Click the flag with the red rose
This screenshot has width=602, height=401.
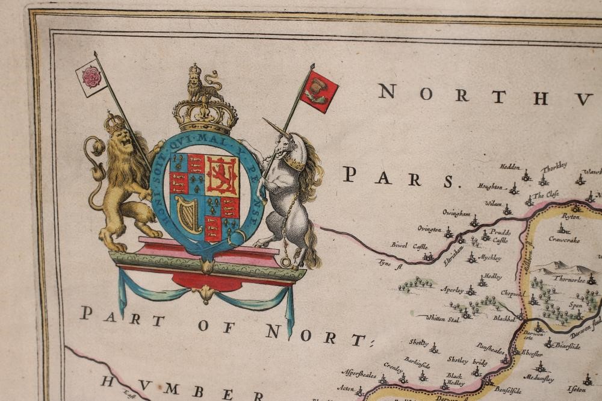coord(92,76)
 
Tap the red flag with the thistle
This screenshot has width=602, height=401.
coord(319,91)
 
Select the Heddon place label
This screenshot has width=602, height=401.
coord(509,167)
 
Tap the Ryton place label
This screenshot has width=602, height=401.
coord(570,216)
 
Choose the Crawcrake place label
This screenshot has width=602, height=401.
coord(564,239)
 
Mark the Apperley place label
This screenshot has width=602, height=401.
coord(452,290)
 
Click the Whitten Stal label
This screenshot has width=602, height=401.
coord(442,319)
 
